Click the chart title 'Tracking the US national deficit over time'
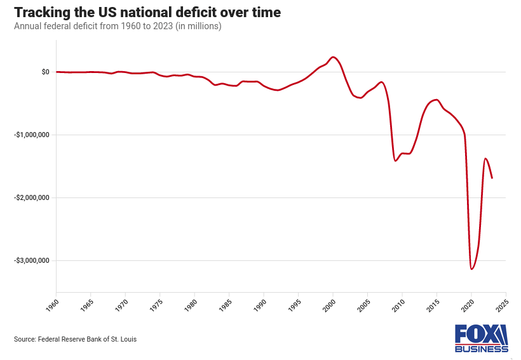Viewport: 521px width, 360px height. (147, 13)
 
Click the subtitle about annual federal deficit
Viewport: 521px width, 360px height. (118, 27)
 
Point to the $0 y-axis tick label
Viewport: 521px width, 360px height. (45, 72)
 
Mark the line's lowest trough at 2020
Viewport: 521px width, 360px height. (471, 269)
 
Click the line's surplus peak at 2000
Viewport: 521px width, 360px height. (334, 57)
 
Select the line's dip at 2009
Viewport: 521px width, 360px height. (395, 161)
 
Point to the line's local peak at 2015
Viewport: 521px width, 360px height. (436, 100)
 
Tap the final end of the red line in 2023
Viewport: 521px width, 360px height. (492, 178)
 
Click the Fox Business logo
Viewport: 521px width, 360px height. (481, 338)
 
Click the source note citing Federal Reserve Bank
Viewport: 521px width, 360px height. (75, 339)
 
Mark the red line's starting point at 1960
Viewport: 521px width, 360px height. (57, 72)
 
